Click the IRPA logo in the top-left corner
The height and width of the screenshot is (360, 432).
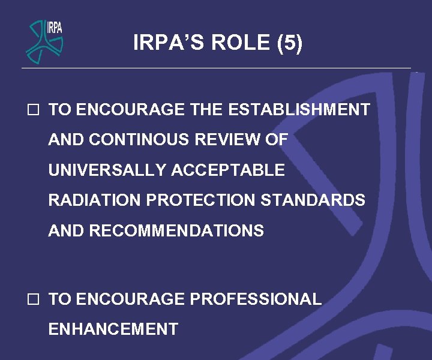[44, 40]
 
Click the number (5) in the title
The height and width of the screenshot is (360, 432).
[290, 43]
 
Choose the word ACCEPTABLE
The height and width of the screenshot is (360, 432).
[228, 170]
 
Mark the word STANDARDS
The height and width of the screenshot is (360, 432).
[313, 200]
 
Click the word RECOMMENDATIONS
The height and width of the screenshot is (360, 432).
[176, 230]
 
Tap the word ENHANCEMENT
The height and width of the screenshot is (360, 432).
[113, 329]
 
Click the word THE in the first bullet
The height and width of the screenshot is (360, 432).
[206, 110]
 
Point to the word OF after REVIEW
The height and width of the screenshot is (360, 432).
[277, 140]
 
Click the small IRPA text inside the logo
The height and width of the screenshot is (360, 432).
[55, 28]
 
